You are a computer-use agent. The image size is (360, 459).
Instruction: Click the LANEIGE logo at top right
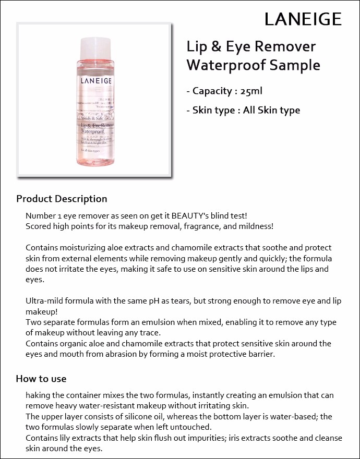tap(303, 19)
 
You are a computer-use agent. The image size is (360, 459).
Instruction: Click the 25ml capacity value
tap(251, 91)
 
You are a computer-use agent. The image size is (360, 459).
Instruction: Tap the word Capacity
tap(212, 91)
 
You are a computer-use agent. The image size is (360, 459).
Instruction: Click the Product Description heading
tap(62, 199)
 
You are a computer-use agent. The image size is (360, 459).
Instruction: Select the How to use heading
tap(41, 379)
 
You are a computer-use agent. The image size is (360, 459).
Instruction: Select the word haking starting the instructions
tap(38, 395)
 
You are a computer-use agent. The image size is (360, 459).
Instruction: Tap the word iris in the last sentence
tap(249, 438)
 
